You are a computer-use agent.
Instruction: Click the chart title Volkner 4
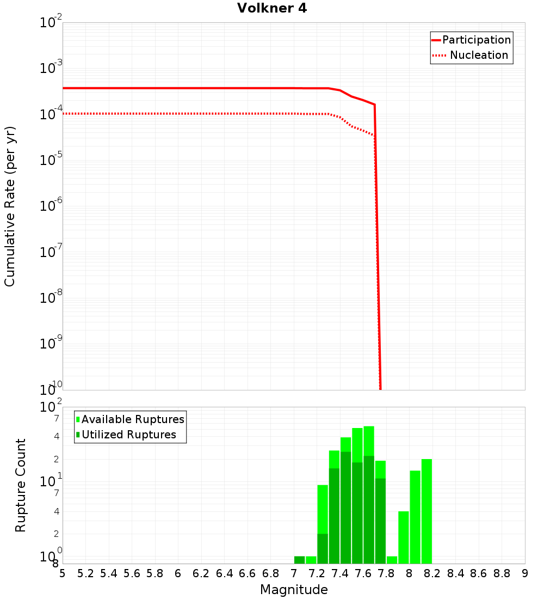click(272, 9)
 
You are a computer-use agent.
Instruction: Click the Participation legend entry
click(476, 40)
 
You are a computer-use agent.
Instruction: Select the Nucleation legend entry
click(479, 56)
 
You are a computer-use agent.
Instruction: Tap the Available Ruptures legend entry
click(133, 420)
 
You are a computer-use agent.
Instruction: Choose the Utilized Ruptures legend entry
click(128, 435)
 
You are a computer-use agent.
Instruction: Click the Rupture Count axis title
click(21, 485)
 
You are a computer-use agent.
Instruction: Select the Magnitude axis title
click(294, 590)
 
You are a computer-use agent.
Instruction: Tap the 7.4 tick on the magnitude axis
click(340, 573)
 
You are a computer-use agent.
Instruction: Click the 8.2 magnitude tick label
click(432, 573)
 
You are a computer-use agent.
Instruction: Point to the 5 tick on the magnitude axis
click(63, 573)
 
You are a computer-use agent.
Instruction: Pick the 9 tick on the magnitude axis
click(525, 573)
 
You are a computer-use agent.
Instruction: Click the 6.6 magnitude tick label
click(248, 573)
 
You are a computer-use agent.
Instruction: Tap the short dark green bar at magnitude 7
click(299, 560)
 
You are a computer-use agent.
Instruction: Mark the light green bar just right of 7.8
click(392, 560)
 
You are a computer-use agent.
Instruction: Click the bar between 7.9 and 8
click(404, 537)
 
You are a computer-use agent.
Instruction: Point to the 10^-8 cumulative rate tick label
click(51, 298)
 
